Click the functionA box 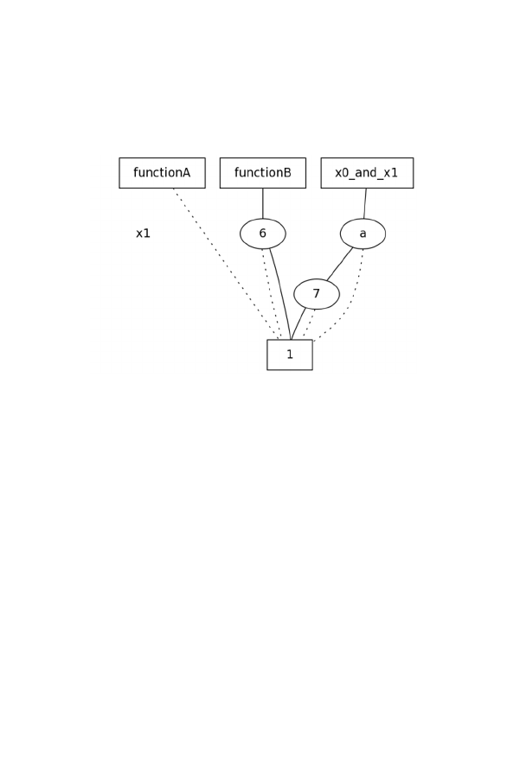(x=162, y=173)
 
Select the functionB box (x=263, y=173)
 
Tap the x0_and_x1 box (x=368, y=173)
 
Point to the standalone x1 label (x=143, y=234)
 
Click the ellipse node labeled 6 (x=263, y=234)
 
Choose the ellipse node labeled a (x=363, y=234)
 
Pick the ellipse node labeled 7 (x=317, y=294)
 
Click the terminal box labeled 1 (x=290, y=355)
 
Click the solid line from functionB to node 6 (x=263, y=203)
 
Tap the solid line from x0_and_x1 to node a (x=365, y=203)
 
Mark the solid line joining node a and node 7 (x=340, y=264)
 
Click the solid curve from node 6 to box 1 (x=281, y=293)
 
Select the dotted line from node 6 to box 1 (x=271, y=294)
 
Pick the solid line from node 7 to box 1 (x=298, y=323)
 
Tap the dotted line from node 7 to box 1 (x=309, y=323)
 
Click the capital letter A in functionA (x=186, y=172)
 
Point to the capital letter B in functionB (x=287, y=172)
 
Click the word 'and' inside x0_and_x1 (x=367, y=172)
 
